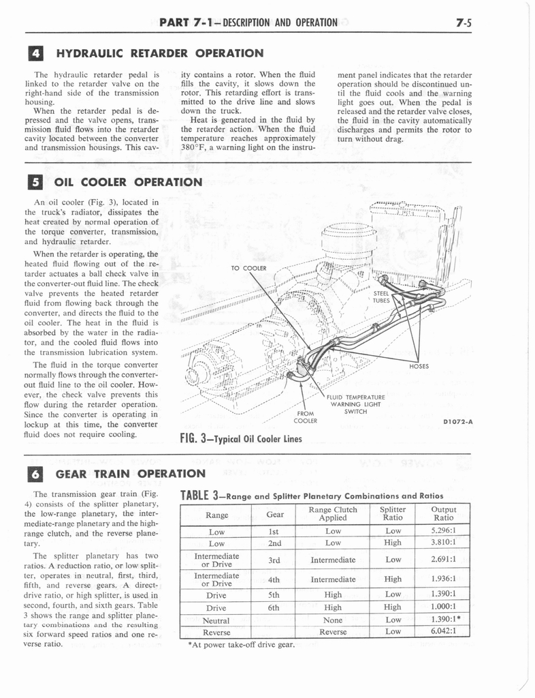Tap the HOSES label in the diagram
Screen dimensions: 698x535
[x=419, y=366]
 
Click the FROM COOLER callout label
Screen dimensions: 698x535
[x=306, y=416]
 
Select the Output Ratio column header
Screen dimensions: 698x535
[x=443, y=513]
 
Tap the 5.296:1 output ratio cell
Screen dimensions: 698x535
[x=443, y=530]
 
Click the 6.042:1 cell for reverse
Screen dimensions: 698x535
[x=443, y=632]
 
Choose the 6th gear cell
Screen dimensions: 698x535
[x=274, y=607]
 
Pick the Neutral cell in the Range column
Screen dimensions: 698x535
[x=216, y=621]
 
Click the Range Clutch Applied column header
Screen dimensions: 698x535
[x=332, y=513]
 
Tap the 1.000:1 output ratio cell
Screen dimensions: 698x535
[x=443, y=607]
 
